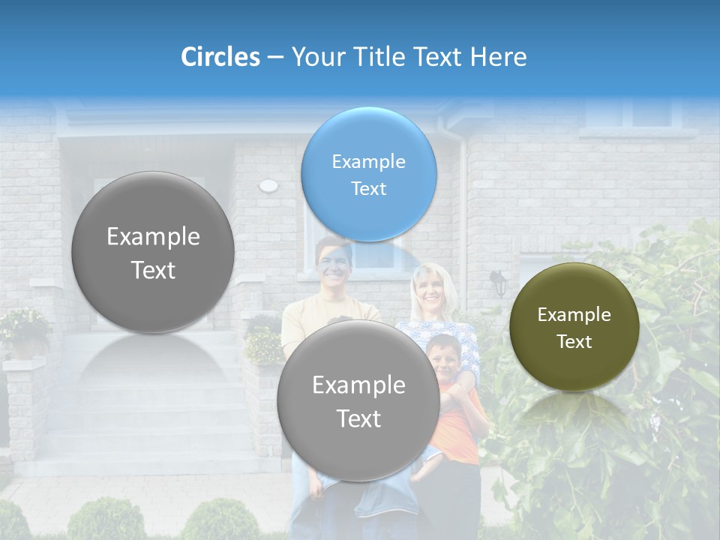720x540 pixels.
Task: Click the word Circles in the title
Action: (220, 57)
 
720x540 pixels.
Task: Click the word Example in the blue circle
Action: (368, 162)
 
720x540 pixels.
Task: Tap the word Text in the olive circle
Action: (574, 342)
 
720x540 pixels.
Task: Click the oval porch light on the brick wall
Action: (268, 185)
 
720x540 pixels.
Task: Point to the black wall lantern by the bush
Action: (497, 282)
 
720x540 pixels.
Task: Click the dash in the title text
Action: (275, 58)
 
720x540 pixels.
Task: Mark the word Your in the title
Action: (314, 57)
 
